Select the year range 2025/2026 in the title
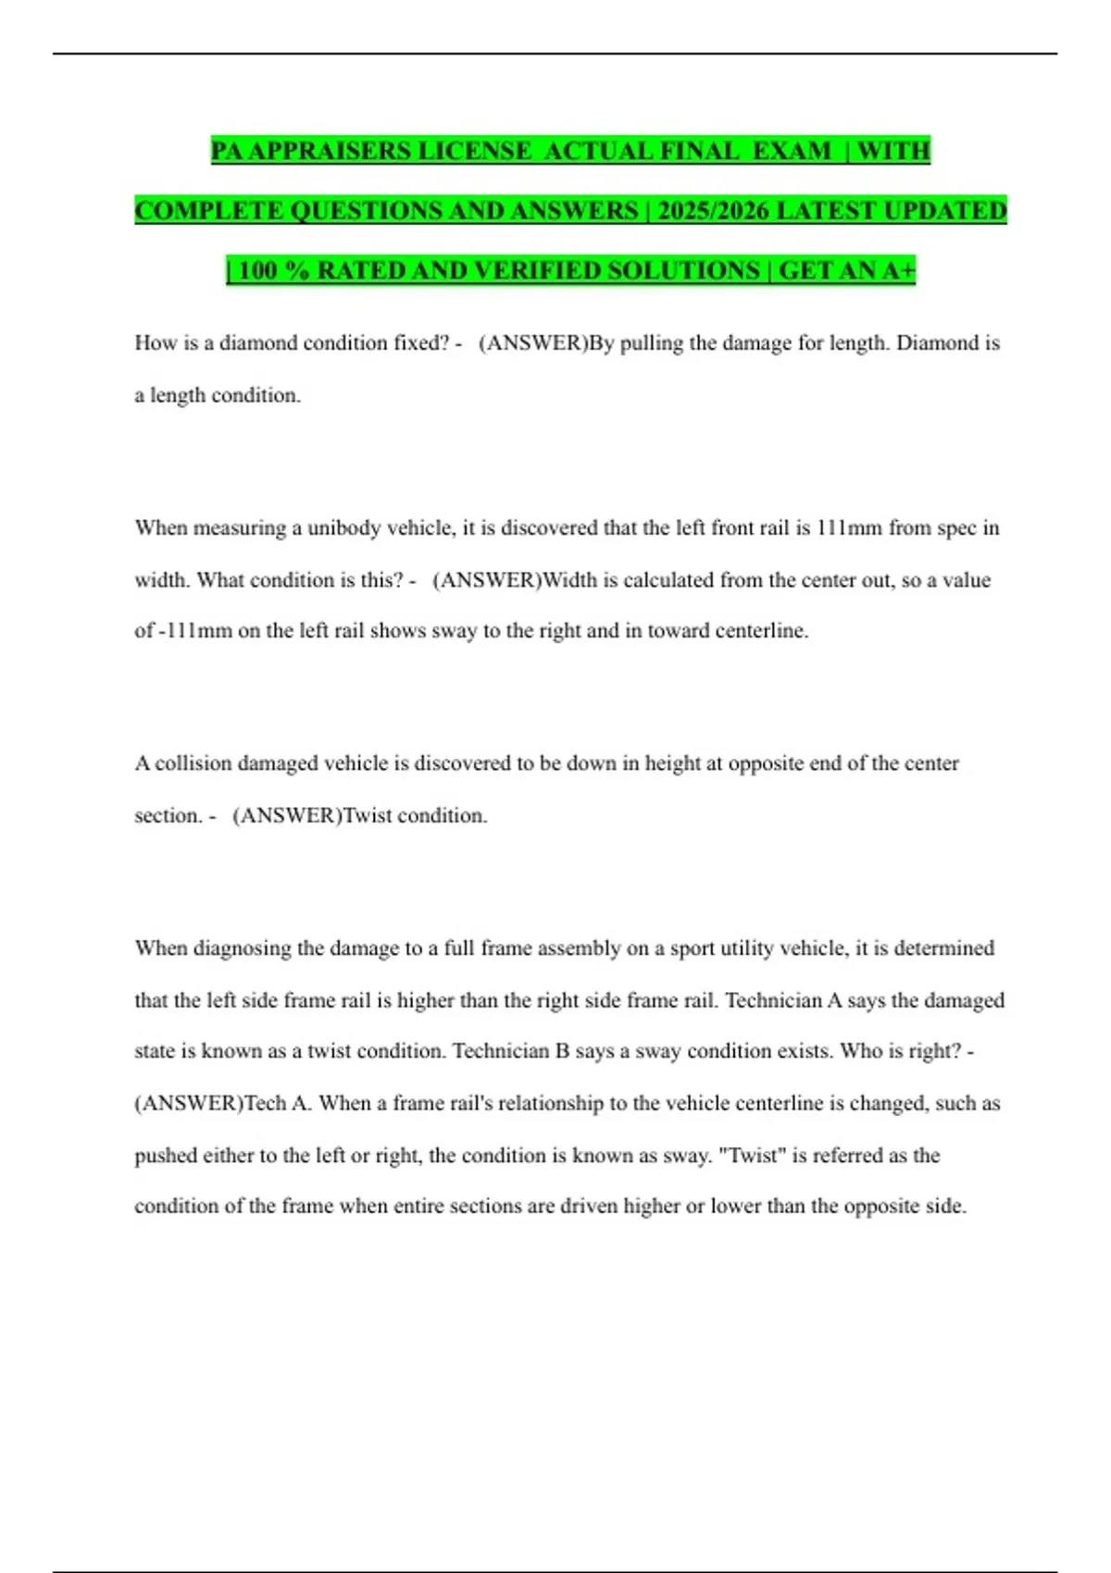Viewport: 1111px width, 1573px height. [x=713, y=211]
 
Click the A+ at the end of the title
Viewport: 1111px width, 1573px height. [x=897, y=271]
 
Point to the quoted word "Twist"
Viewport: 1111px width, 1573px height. [x=747, y=1156]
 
